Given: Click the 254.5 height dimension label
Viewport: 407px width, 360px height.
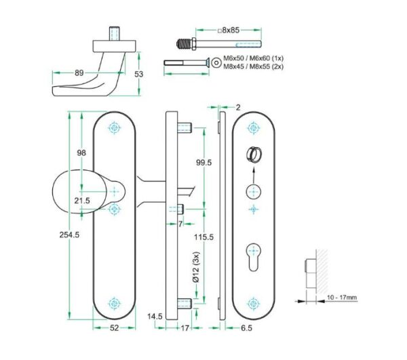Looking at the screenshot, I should click(70, 235).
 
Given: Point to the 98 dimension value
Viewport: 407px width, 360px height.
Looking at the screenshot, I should click(81, 153).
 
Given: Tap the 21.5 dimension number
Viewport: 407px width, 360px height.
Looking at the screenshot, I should click(82, 200).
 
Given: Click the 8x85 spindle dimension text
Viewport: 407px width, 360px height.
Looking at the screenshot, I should click(229, 31).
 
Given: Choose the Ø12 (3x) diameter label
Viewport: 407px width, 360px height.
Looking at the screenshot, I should click(196, 267).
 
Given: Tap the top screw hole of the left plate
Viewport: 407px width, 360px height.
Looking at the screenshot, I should click(113, 127).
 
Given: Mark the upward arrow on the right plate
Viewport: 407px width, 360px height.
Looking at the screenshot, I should click(253, 173).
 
